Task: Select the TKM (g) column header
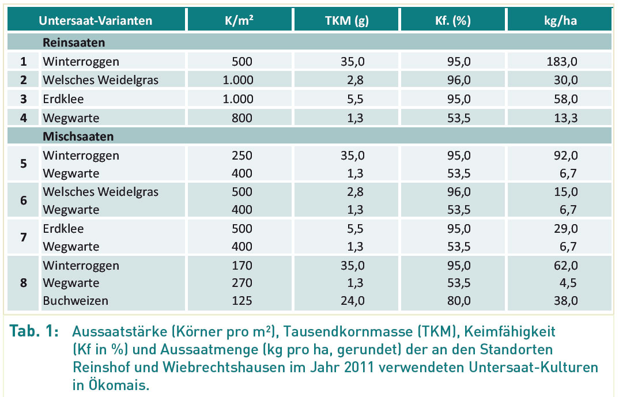(x=346, y=21)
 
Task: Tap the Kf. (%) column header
(x=453, y=21)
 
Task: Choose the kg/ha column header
(x=560, y=21)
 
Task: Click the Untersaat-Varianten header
(x=96, y=21)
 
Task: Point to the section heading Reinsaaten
(x=74, y=43)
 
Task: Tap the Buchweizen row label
(x=76, y=300)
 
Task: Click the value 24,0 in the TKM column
(x=352, y=300)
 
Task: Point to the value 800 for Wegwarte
(x=241, y=118)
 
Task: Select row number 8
(x=24, y=282)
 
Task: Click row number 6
(x=24, y=201)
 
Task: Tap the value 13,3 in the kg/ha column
(x=565, y=118)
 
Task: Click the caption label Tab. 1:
(x=33, y=333)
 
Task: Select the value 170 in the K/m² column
(x=241, y=265)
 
